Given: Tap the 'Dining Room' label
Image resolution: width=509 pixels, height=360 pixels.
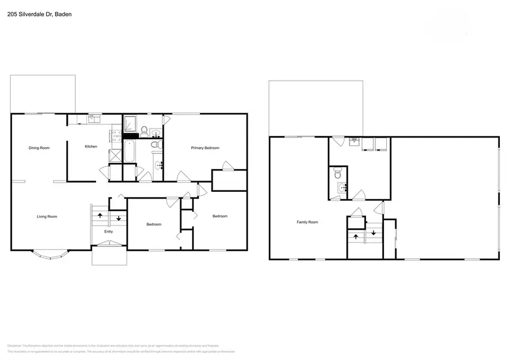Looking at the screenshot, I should [x=40, y=148].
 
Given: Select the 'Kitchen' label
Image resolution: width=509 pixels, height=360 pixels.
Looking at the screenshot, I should [x=91, y=147].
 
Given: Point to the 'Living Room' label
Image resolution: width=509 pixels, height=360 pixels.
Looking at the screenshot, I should [x=47, y=216].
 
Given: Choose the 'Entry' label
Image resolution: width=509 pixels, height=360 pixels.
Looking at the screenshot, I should [x=109, y=231].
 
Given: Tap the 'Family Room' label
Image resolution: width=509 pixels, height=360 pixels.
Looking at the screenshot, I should [x=307, y=222].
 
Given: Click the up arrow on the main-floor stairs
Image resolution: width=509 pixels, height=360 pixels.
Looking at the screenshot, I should [x=100, y=216].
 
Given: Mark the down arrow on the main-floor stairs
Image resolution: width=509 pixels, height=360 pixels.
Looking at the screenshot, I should [x=119, y=218].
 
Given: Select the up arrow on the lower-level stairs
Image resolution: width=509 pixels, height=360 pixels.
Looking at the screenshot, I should [x=355, y=237].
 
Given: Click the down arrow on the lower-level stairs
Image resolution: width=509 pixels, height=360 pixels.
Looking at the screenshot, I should [x=373, y=233].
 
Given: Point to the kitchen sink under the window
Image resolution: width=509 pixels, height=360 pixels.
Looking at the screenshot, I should [x=93, y=119].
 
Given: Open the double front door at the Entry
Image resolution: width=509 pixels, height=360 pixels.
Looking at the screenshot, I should [x=109, y=244].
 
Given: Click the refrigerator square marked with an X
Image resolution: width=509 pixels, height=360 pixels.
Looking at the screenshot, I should [x=116, y=155].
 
